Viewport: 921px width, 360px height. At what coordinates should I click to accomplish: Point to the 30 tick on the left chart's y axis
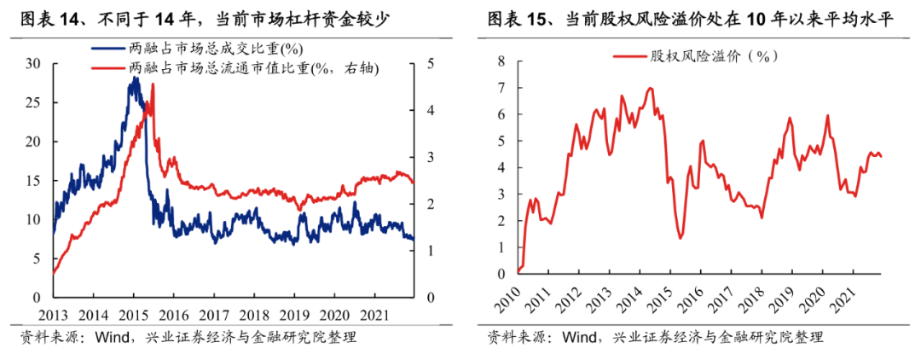[34, 63]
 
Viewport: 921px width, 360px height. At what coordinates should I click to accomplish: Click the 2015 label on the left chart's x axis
[135, 313]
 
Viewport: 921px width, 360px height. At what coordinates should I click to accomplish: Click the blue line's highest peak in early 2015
[134, 78]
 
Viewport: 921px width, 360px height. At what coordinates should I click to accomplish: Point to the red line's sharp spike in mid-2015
[153, 84]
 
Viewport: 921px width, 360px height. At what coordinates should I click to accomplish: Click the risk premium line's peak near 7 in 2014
[651, 88]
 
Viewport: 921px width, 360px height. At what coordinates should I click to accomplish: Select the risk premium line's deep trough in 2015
[681, 238]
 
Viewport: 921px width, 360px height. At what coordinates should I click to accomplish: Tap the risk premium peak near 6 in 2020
[827, 116]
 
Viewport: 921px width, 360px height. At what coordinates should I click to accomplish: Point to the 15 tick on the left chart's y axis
[34, 180]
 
